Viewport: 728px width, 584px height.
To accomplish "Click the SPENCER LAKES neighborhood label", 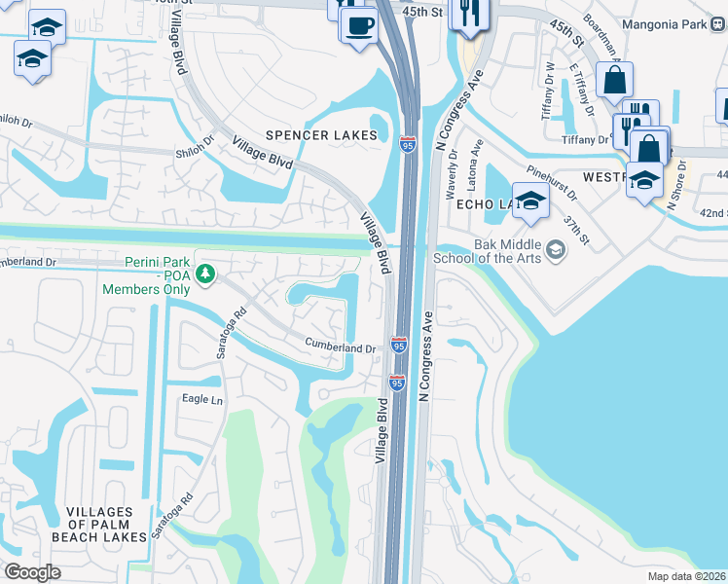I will pyautogui.click(x=321, y=135).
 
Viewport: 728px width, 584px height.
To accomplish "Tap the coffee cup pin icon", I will pyautogui.click(x=359, y=23).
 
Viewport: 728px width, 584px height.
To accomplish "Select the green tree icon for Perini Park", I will pyautogui.click(x=204, y=276).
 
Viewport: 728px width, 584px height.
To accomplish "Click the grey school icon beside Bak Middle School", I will pyautogui.click(x=555, y=251).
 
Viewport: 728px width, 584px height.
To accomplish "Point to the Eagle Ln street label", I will pyautogui.click(x=202, y=400).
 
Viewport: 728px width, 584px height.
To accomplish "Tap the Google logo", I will pyautogui.click(x=32, y=571).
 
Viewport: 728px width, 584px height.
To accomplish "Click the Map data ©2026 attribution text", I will pyautogui.click(x=687, y=576).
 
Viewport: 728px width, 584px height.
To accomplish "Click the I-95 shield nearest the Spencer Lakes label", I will pyautogui.click(x=407, y=145).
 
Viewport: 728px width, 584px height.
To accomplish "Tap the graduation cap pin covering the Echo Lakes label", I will pyautogui.click(x=530, y=201).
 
